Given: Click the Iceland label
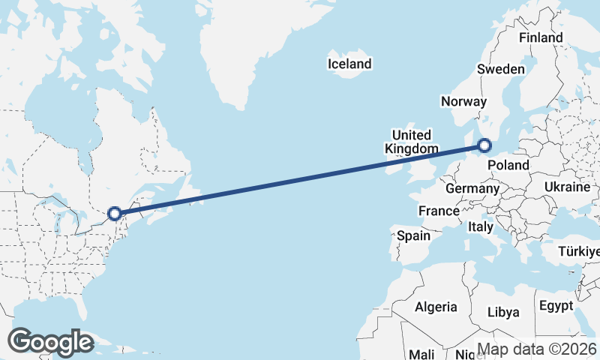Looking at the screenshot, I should tap(349, 64).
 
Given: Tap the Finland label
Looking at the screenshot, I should tap(540, 37).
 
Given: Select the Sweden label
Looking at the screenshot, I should tap(501, 69).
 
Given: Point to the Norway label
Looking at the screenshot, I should tap(464, 102).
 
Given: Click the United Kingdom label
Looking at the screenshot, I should tap(411, 142).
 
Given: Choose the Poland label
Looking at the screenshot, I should tap(508, 165).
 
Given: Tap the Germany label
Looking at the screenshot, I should tap(472, 188).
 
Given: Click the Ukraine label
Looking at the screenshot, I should tap(568, 187).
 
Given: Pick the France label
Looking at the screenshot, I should tap(439, 211).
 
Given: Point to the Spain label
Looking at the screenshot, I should tap(413, 235).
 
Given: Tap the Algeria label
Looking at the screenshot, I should tap(436, 307).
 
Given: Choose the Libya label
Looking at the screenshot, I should tap(502, 312).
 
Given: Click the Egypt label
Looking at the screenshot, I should tap(555, 306).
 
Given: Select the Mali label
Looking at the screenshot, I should tap(421, 354).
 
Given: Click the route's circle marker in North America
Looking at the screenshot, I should tap(115, 214).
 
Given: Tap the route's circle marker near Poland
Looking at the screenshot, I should tap(484, 146).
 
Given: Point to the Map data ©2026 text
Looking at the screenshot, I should tap(537, 349).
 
